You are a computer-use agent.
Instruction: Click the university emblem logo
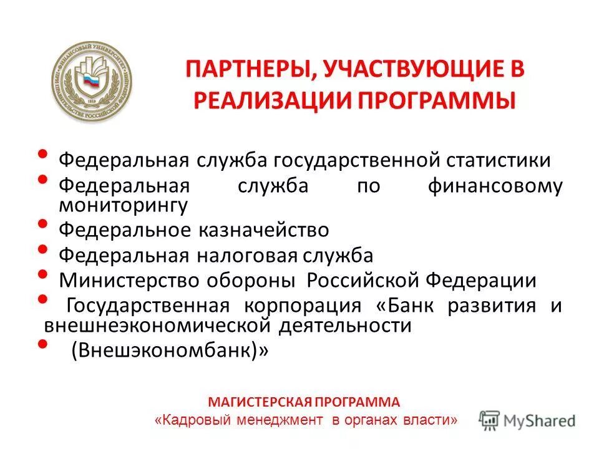(x=92, y=82)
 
